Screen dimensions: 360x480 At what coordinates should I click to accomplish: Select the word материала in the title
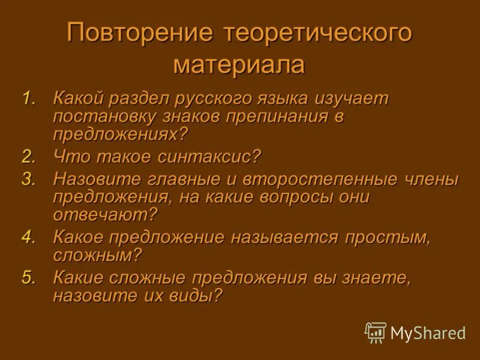239,64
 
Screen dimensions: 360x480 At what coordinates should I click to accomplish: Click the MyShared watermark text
428,332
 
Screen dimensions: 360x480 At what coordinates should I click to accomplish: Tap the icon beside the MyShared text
376,332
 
